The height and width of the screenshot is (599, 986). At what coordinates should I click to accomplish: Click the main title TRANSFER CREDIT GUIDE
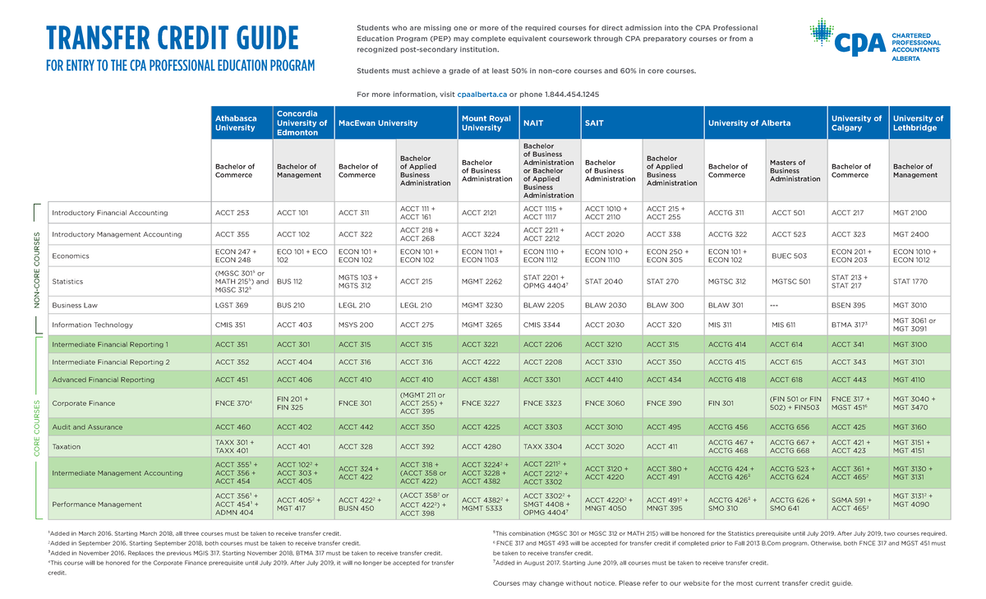[x=172, y=39]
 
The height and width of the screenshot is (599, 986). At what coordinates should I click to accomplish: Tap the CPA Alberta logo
[x=875, y=41]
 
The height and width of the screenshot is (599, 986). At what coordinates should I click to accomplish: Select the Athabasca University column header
[x=236, y=123]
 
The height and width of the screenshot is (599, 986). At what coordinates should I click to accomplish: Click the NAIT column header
[x=533, y=123]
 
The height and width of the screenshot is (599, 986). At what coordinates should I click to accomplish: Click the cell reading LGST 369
[x=231, y=305]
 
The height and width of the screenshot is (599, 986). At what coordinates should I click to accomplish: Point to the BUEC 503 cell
[x=788, y=256]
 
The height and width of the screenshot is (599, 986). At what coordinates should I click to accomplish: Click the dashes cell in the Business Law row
[x=776, y=305]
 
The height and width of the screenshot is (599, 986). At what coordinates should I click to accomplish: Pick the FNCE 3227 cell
[x=481, y=403]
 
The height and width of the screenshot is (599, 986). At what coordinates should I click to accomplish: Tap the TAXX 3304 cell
[x=542, y=446]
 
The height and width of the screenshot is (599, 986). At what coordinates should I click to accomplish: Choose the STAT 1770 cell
[x=910, y=281]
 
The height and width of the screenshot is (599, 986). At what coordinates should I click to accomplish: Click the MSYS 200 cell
[x=356, y=325]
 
